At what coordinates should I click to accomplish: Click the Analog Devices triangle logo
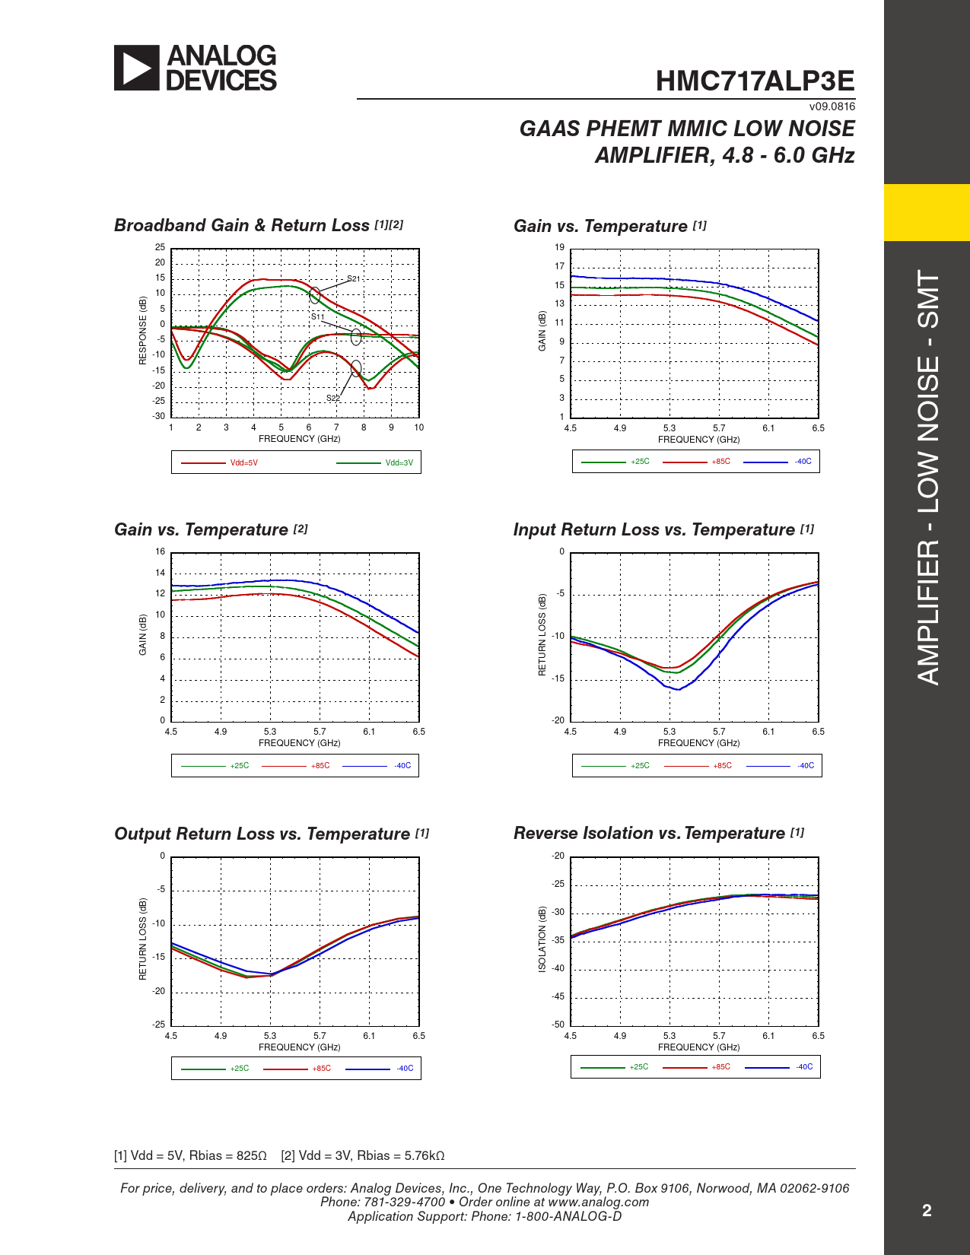coord(137,68)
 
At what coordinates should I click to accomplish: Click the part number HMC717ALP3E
coord(755,81)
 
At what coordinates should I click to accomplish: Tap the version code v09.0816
coord(832,106)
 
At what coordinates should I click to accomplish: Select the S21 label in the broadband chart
coord(353,279)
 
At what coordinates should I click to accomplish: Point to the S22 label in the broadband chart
coord(333,398)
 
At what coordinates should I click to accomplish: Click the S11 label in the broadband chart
coord(317,316)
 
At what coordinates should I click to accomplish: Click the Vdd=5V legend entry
coord(243,462)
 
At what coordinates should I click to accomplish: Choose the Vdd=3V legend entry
coord(399,462)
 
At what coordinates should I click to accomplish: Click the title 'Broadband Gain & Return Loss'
coord(242,225)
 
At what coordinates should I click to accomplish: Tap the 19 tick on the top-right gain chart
coord(560,247)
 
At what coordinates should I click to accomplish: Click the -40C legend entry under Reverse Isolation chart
coord(804,1067)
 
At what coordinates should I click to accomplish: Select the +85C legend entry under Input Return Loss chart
coord(722,766)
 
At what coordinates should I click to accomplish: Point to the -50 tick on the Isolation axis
coord(558,1025)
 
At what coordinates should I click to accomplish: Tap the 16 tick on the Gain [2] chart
coord(161,551)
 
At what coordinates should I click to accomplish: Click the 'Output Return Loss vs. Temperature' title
coord(262,834)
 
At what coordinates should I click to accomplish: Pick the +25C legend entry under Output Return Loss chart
coord(239,1069)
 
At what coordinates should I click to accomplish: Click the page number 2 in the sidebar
coord(927,1211)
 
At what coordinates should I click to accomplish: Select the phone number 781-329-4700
coord(405,1202)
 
